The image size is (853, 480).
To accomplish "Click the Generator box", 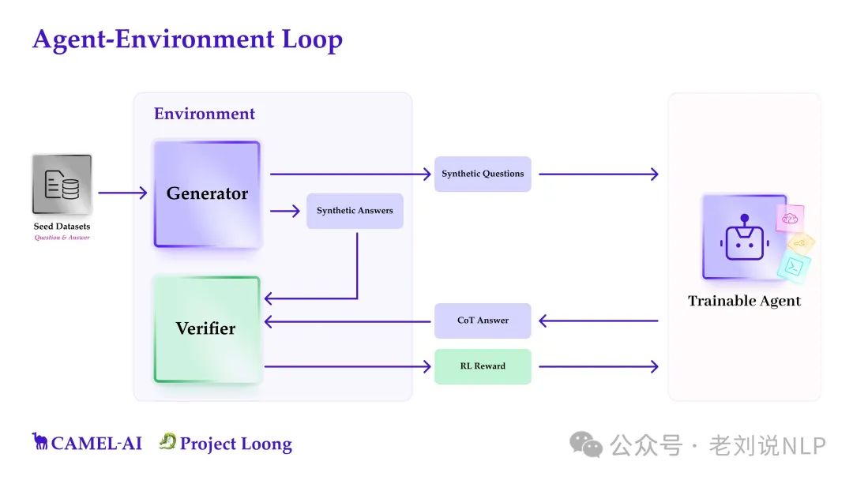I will point(207,194).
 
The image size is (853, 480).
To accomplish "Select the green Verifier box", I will point(207,328).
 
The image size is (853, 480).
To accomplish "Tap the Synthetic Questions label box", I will point(483,174).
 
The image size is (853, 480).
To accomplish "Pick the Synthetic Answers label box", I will point(355,211).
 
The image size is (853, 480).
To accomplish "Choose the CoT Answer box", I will point(483,321).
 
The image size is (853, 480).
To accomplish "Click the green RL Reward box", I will point(483,366).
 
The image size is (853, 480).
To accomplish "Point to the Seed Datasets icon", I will point(62,184).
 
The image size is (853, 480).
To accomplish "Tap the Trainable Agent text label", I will point(744,301).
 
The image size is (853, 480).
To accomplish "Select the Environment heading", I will point(205,114).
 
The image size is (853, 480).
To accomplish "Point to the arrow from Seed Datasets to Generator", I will point(122,193).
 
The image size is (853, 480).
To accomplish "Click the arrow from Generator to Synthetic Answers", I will point(285,211).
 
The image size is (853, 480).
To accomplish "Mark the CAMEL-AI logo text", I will point(88,443).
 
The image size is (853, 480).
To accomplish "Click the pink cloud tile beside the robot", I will point(789,218).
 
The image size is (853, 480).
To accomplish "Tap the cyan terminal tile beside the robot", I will point(793,267).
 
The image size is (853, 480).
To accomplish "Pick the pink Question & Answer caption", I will point(62,238).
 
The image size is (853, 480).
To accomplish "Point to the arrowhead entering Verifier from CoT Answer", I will point(269,321).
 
